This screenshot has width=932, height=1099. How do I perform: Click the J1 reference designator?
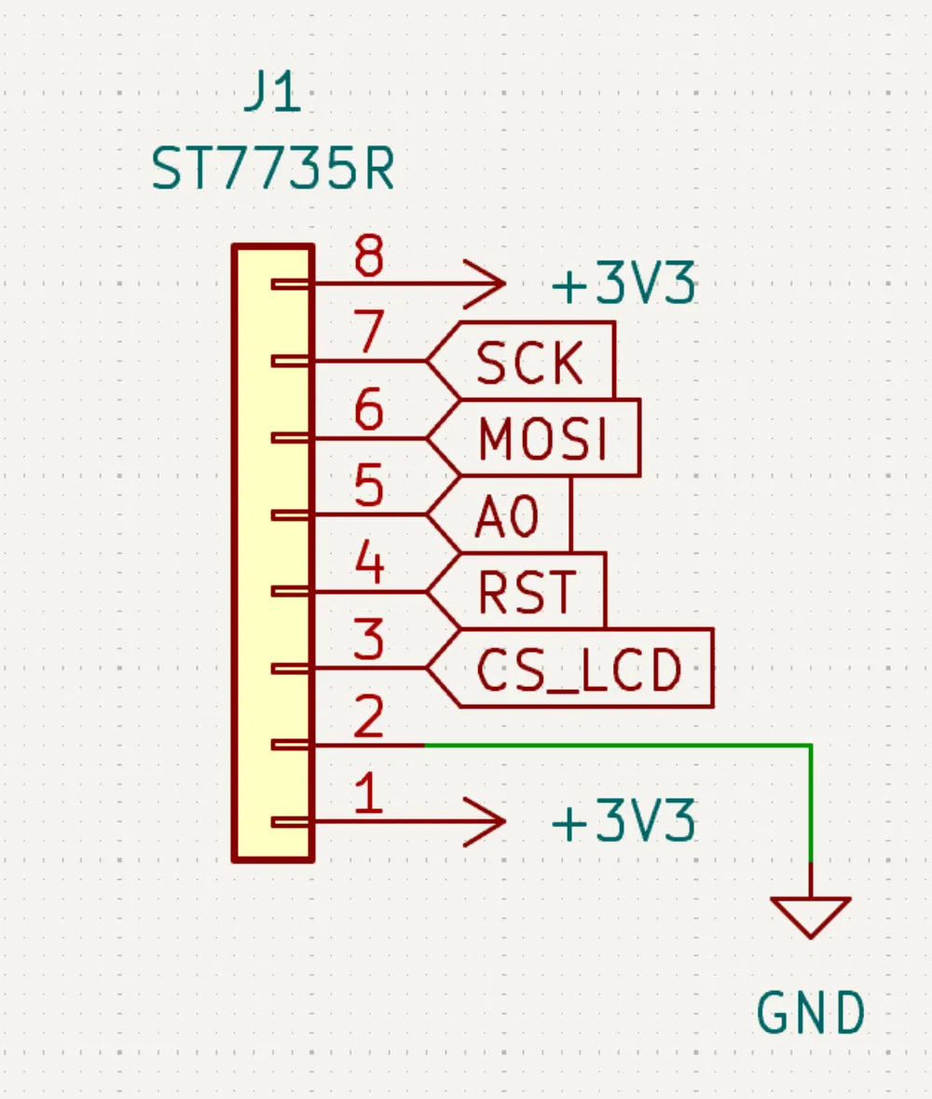tap(272, 95)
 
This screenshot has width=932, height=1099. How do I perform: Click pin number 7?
tap(369, 333)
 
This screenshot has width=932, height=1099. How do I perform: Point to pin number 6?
tap(369, 410)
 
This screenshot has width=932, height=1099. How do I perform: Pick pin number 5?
tap(369, 487)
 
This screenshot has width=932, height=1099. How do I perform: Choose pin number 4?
tap(369, 564)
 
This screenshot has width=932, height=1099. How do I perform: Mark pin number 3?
tap(369, 641)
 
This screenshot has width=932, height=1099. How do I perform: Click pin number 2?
tap(369, 718)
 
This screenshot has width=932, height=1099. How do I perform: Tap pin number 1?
tap(369, 795)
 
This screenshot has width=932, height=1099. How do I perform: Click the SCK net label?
tap(530, 363)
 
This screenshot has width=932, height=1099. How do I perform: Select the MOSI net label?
tap(542, 439)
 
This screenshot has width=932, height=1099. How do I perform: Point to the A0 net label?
tap(508, 516)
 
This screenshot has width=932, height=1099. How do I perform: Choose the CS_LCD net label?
tap(579, 669)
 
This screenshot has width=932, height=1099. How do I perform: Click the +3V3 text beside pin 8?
tap(624, 286)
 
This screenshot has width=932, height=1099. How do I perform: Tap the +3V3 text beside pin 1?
tap(624, 824)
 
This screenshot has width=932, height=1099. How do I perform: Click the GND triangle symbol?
tap(810, 914)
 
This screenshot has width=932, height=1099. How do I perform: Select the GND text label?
tap(810, 1013)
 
